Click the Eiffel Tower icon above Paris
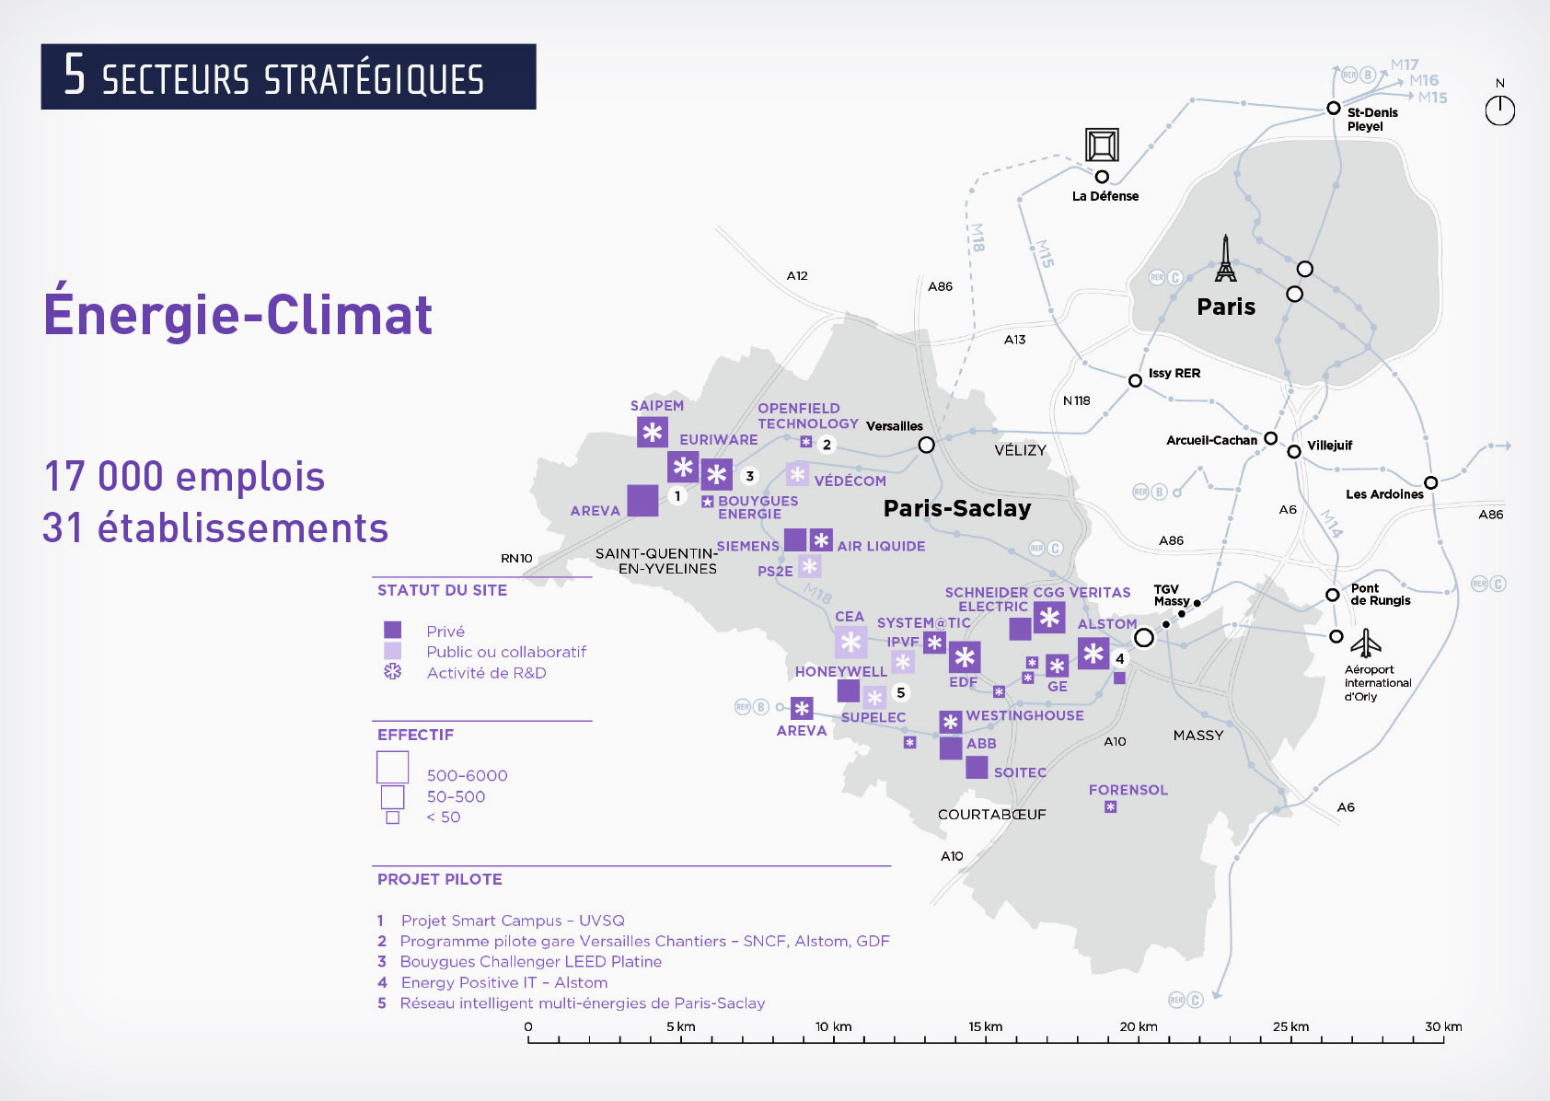coord(1225,259)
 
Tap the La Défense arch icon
coord(1102,145)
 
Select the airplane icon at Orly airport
coord(1367,643)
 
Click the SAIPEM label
coord(657,406)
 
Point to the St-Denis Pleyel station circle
coord(1333,109)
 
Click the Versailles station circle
coord(927,446)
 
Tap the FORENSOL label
coord(1128,790)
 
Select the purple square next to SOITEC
coord(977,767)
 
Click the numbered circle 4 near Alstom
coord(1120,659)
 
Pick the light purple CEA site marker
coord(851,643)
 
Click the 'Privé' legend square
coord(393,631)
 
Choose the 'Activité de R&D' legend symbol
coord(393,672)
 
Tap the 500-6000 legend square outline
coord(393,768)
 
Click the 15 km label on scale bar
coord(985,1026)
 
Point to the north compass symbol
coord(1499,110)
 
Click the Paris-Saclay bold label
coord(957,508)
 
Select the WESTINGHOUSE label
coord(1024,715)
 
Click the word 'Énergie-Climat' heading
coord(238,315)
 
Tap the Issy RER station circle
coord(1136,381)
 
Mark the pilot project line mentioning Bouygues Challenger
coord(530,961)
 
